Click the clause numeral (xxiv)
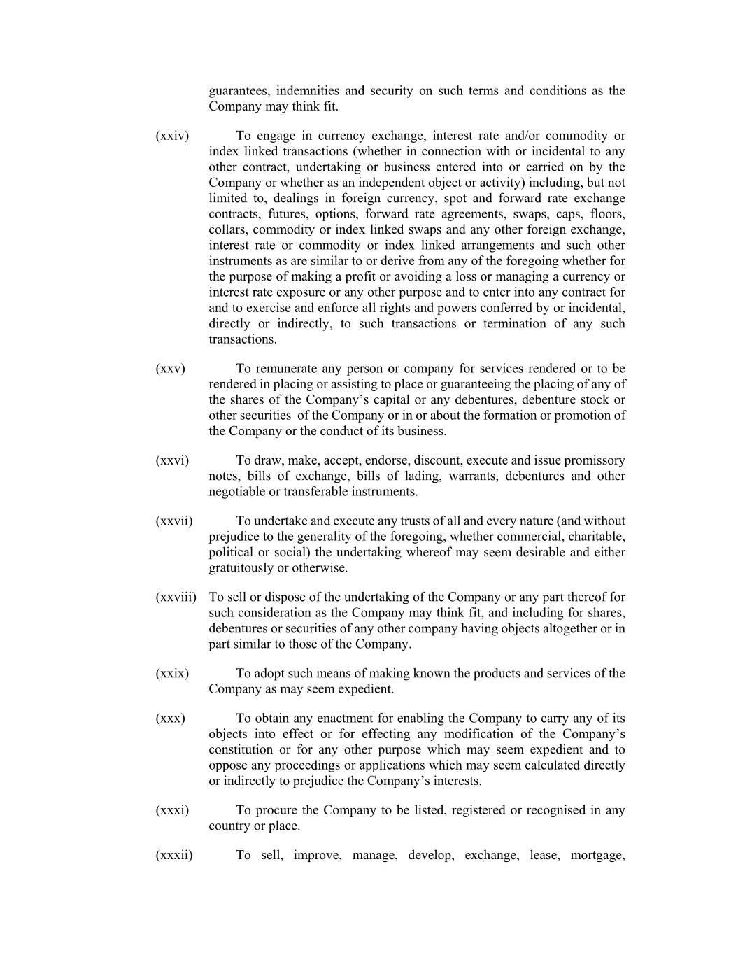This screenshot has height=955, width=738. tap(172, 136)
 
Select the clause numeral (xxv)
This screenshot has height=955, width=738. tap(170, 369)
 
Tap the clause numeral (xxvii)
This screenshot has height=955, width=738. tap(173, 521)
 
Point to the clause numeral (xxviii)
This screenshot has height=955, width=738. tap(176, 597)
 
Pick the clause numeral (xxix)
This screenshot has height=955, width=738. tap(172, 674)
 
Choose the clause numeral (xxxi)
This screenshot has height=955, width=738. tap(172, 810)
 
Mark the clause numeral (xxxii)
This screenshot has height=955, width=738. tap(173, 855)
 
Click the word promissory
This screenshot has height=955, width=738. tap(594, 460)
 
